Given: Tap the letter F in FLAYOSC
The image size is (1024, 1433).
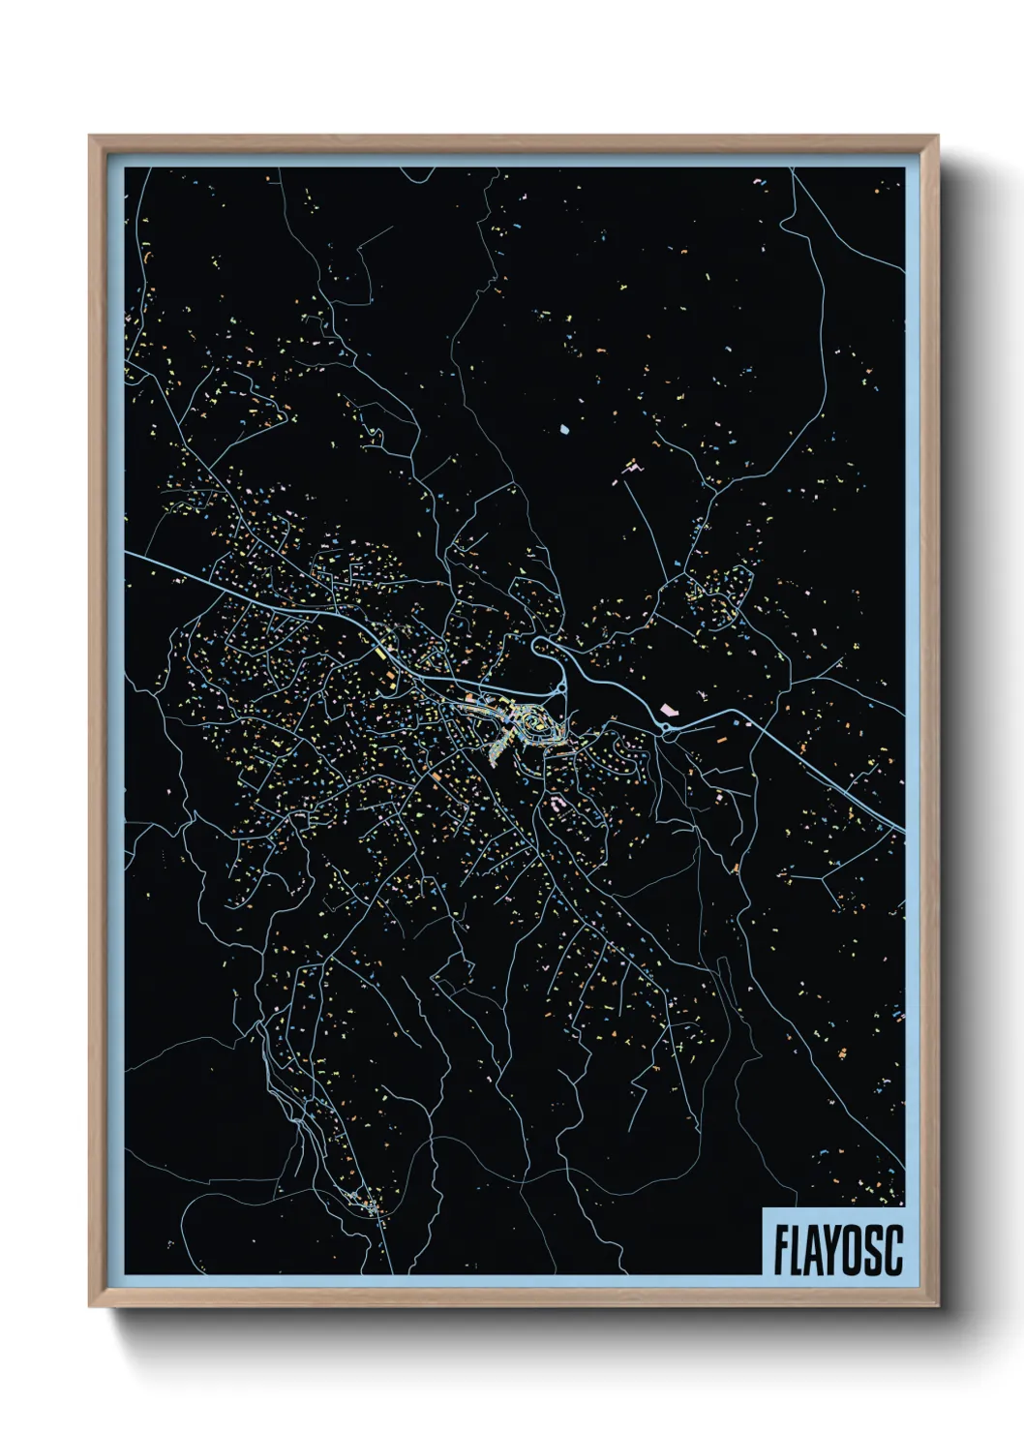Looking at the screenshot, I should point(780,1250).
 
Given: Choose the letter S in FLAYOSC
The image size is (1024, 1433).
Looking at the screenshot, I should point(875,1250).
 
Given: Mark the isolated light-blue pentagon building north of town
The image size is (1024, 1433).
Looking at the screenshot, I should point(565,426).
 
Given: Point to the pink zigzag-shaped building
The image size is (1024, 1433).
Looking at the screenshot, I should point(631,470).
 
